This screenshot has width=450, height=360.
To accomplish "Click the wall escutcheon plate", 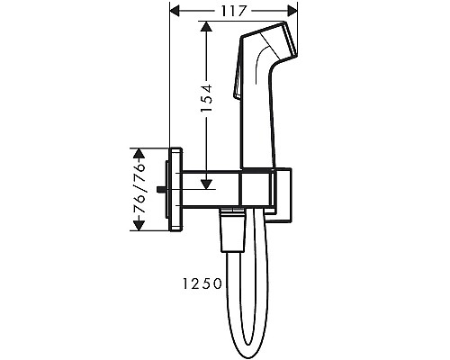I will point(176,189).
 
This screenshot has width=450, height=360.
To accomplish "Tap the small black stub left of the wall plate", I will point(161,189).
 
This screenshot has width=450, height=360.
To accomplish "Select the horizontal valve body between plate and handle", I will point(211,189).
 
